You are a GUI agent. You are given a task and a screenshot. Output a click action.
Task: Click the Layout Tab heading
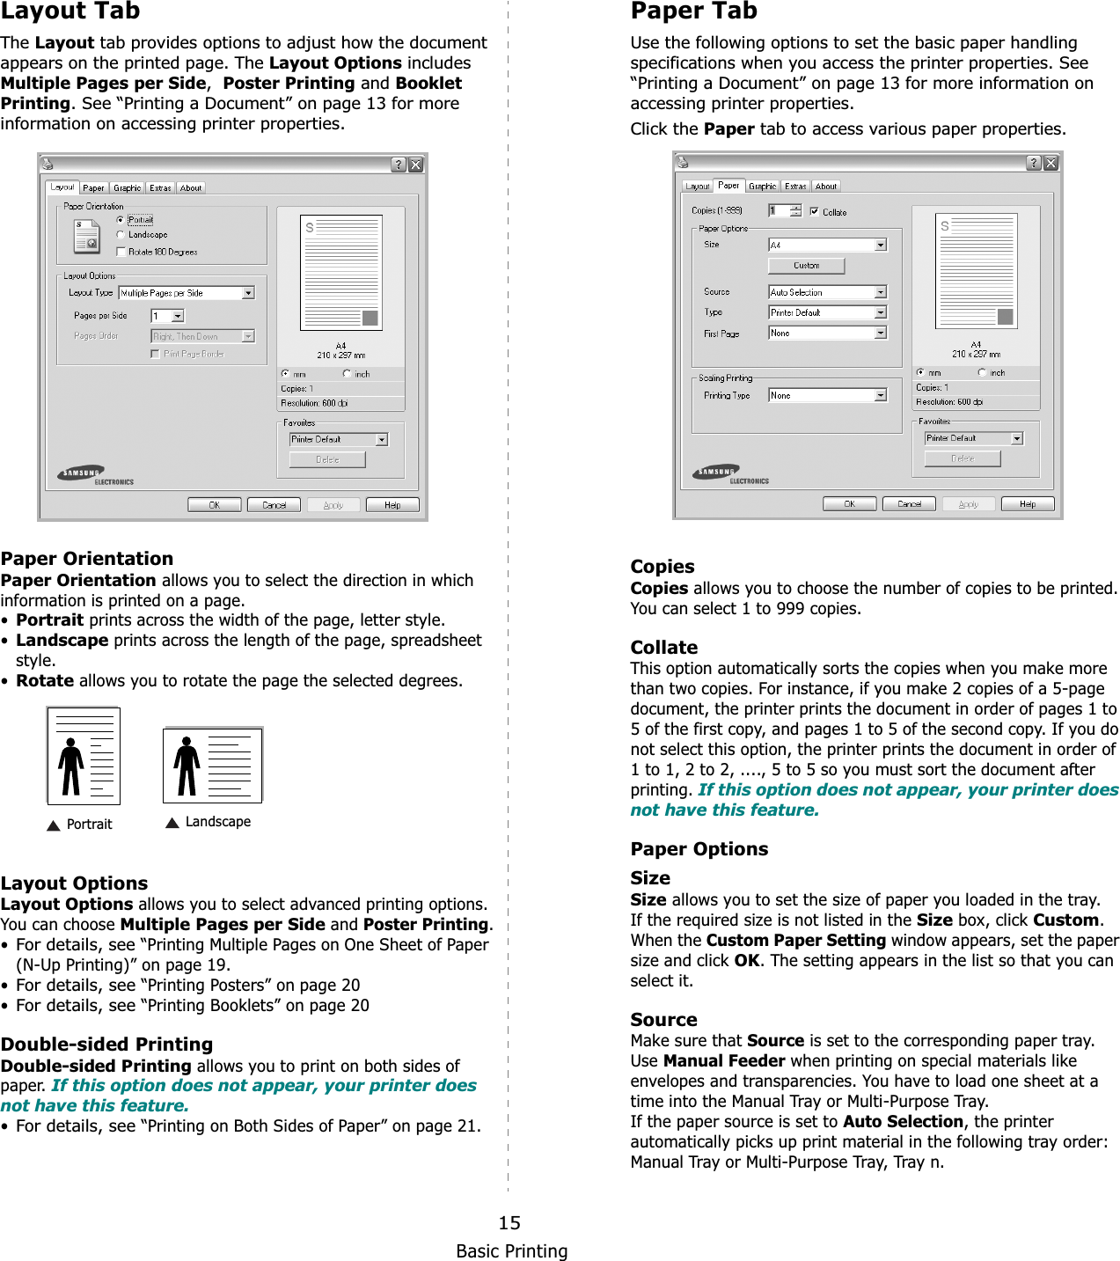(x=70, y=11)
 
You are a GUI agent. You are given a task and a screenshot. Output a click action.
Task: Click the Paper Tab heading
(x=693, y=11)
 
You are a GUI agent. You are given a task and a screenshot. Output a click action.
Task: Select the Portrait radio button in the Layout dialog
(x=121, y=220)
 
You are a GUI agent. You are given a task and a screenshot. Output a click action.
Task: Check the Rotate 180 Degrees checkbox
(x=121, y=252)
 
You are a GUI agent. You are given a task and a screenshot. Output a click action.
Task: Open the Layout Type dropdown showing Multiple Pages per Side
(x=248, y=293)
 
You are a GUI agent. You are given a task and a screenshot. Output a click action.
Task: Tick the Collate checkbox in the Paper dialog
(x=815, y=211)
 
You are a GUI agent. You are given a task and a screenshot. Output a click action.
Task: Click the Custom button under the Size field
(x=806, y=265)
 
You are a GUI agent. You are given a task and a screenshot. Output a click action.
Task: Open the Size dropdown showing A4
(x=880, y=245)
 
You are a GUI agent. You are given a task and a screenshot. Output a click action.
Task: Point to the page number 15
(x=509, y=1222)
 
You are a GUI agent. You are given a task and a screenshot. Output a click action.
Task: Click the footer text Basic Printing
(x=511, y=1250)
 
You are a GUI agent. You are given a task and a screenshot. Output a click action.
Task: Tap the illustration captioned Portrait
(x=84, y=756)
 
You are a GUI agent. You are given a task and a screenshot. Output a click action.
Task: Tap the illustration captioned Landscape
(x=213, y=765)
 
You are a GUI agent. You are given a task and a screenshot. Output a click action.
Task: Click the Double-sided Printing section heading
(x=106, y=1045)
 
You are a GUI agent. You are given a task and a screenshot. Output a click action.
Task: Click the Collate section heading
(x=663, y=648)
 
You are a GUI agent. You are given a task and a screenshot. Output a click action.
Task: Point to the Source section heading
(x=663, y=1020)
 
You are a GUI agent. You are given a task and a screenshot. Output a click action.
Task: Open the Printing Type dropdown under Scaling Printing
(x=880, y=395)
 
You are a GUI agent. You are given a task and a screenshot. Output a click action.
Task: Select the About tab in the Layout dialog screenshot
(x=191, y=187)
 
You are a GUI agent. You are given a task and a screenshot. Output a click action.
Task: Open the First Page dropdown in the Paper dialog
(x=880, y=333)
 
